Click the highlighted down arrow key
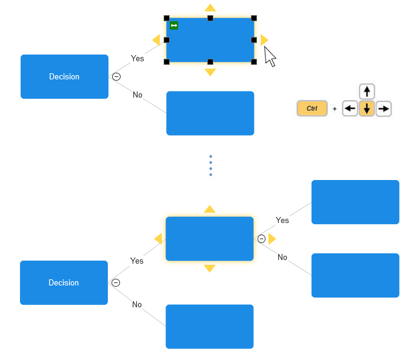367,109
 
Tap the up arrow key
367,92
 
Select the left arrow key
350,109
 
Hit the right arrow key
384,109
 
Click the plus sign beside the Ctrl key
335,109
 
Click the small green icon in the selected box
174,25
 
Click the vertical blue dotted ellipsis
210,165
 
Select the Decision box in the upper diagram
64,76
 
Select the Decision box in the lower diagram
64,282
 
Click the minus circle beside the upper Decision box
116,76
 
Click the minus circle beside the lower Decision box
116,282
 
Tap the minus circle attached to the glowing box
261,239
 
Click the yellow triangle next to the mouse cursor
264,40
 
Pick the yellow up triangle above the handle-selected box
210,8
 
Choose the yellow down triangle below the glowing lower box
210,268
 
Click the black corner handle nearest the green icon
167,18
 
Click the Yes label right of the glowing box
282,220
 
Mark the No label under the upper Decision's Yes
138,95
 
